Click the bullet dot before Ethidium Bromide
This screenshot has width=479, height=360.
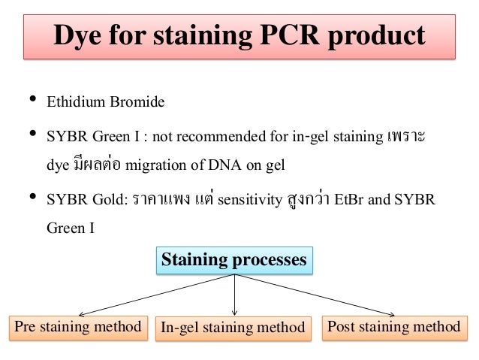pos(32,100)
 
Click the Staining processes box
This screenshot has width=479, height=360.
pos(235,260)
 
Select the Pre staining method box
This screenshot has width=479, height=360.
pos(78,327)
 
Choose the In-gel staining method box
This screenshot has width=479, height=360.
pos(233,328)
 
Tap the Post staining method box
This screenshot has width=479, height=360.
pos(393,327)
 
